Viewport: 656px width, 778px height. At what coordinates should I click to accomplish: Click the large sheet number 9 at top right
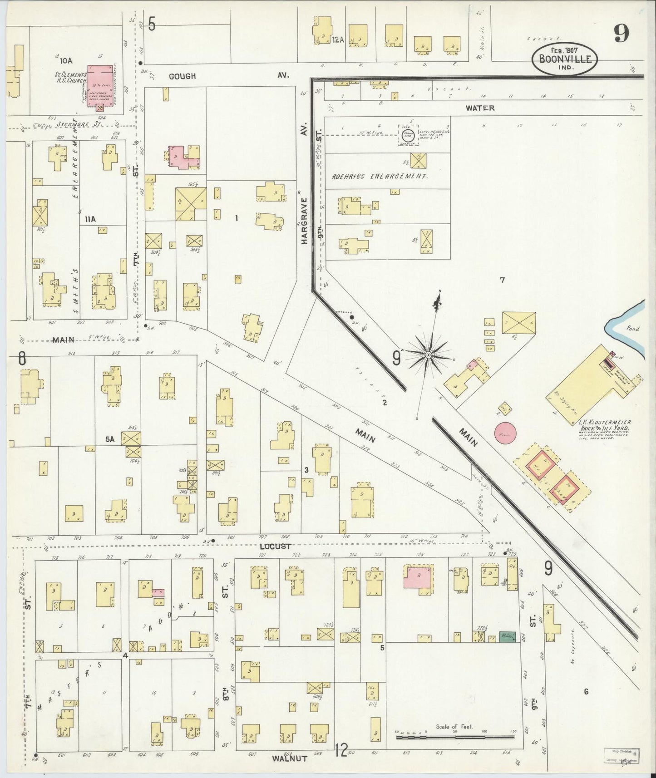pos(622,33)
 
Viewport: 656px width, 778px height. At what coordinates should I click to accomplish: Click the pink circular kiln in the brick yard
pos(505,432)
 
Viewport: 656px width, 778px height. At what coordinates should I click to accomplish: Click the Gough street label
pos(182,76)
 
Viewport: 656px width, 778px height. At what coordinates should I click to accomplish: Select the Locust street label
pos(276,547)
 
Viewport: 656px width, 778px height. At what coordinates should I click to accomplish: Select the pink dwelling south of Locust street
pos(418,578)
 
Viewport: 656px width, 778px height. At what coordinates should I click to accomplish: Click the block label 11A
pos(90,219)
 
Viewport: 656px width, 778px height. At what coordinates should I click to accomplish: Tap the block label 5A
pos(110,439)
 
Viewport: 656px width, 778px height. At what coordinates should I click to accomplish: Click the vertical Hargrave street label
pos(305,221)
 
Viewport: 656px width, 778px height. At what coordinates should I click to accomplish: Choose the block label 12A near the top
pos(337,40)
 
